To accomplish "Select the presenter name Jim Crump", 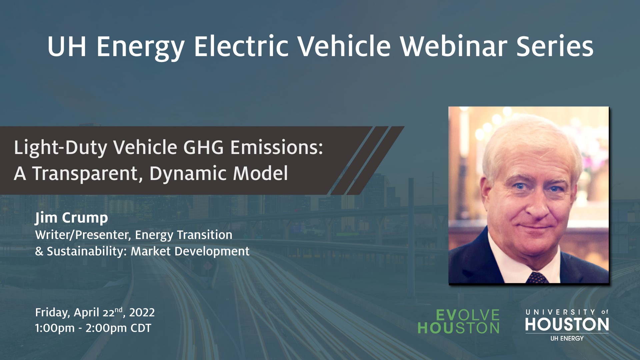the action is (71, 218).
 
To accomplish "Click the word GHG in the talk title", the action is (204, 148).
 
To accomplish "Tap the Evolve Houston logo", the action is (459, 322).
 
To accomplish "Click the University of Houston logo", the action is (567, 321).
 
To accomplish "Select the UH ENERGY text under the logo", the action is (567, 338).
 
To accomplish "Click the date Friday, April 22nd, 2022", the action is (95, 312).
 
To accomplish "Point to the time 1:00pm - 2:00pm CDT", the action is (93, 328).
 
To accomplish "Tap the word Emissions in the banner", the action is (277, 148).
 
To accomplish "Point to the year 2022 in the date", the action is (142, 312).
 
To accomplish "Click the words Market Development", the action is (190, 251).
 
